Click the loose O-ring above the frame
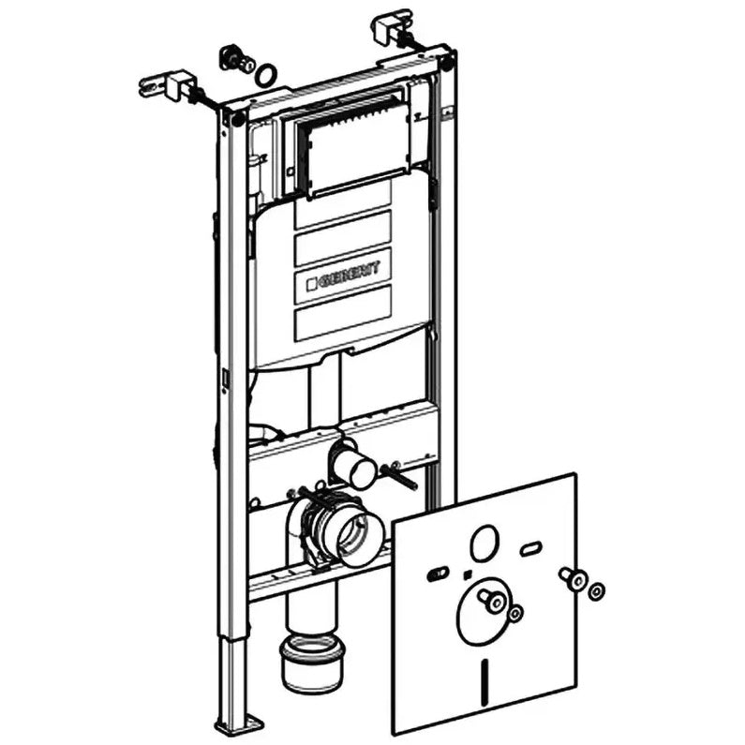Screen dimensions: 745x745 [267, 73]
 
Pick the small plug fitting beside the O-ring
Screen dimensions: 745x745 [231, 57]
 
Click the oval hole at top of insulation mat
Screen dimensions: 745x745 [484, 542]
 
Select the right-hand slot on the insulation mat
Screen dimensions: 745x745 [530, 547]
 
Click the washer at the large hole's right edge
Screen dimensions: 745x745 [514, 613]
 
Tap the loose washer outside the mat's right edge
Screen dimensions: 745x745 [594, 590]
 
